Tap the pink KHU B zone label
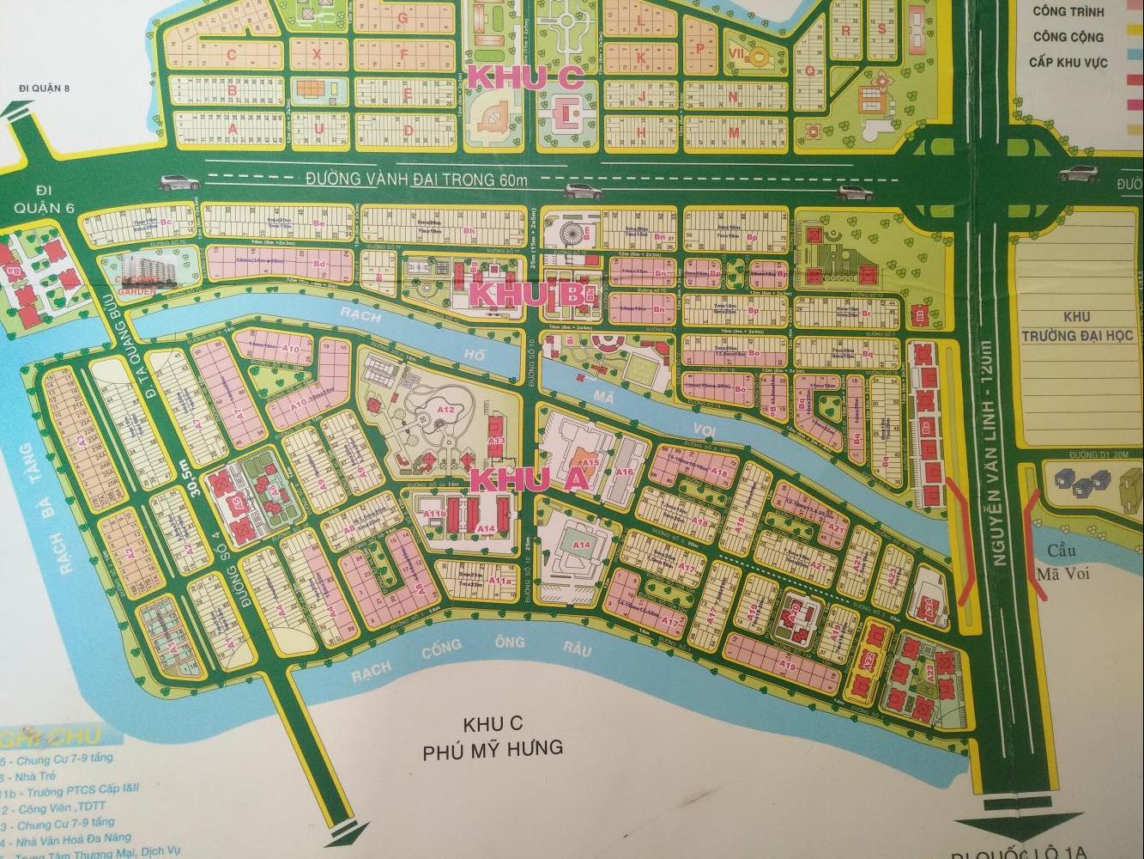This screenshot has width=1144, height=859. [528, 295]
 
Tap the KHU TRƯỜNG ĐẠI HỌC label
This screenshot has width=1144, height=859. [1073, 327]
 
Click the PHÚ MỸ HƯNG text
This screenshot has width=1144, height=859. [493, 749]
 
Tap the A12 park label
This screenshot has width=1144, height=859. [445, 411]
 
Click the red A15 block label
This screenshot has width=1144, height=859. [590, 463]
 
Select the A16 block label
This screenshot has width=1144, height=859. [624, 472]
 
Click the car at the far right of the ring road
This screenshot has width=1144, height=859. [1078, 174]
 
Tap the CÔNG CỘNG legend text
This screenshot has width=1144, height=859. [1068, 37]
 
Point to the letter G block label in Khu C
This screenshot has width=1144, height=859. [401, 16]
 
